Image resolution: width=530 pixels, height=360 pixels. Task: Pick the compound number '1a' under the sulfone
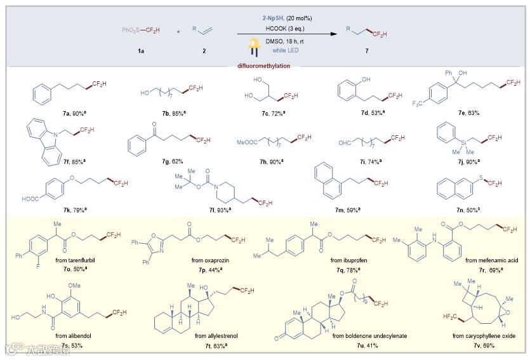tap(140, 50)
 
